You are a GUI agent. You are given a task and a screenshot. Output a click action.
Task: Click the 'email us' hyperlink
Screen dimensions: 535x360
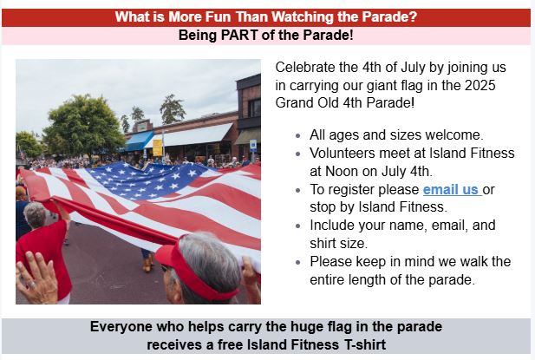(452, 189)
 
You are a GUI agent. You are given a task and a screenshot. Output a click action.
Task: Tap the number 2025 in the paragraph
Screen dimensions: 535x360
(480, 85)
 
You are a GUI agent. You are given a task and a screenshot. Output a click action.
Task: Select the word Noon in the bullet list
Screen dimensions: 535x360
(342, 171)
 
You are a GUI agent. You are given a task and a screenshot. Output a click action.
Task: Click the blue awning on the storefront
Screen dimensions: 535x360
(139, 141)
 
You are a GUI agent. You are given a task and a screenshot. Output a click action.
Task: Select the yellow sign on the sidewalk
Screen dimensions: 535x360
(157, 147)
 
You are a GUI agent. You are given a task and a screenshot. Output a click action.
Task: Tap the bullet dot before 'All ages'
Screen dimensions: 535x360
(298, 136)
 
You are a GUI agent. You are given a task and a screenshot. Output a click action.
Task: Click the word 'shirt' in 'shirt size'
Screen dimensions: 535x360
(323, 243)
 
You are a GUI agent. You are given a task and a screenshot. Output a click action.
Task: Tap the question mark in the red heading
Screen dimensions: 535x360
(413, 16)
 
